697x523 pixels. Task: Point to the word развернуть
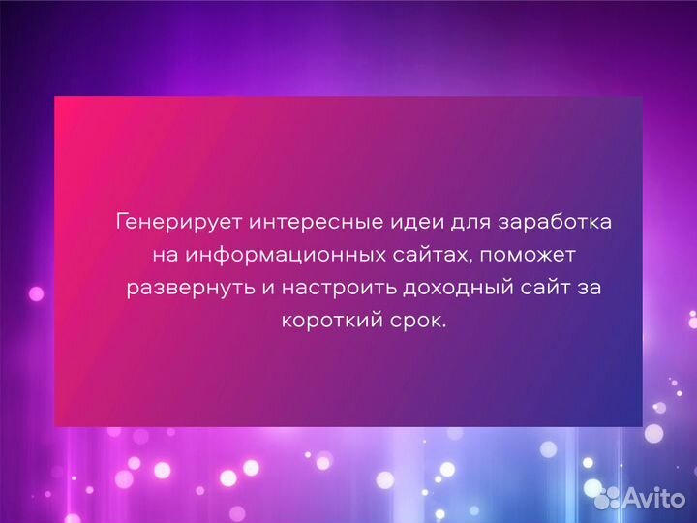(x=186, y=288)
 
